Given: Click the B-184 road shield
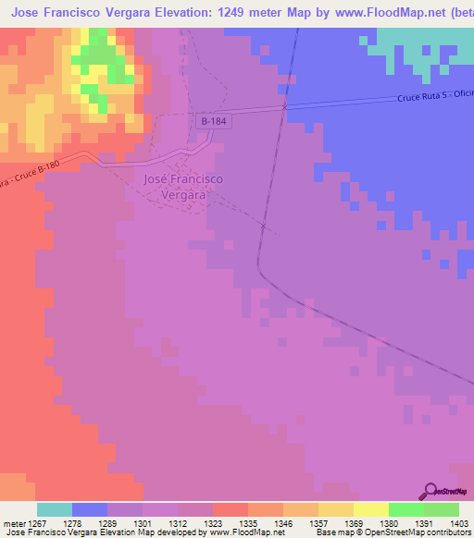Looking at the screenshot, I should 213,120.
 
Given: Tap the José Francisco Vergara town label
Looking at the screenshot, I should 184,187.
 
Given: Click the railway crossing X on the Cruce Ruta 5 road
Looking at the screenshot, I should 284,107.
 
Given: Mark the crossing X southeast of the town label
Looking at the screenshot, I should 264,226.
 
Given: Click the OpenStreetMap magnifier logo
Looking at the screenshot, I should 429,491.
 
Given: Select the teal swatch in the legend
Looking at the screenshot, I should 55,509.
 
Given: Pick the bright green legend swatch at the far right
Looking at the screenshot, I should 442,509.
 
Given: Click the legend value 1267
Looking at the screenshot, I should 44,523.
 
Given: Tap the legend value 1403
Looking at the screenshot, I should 458,523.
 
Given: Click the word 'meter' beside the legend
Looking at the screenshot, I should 15,523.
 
